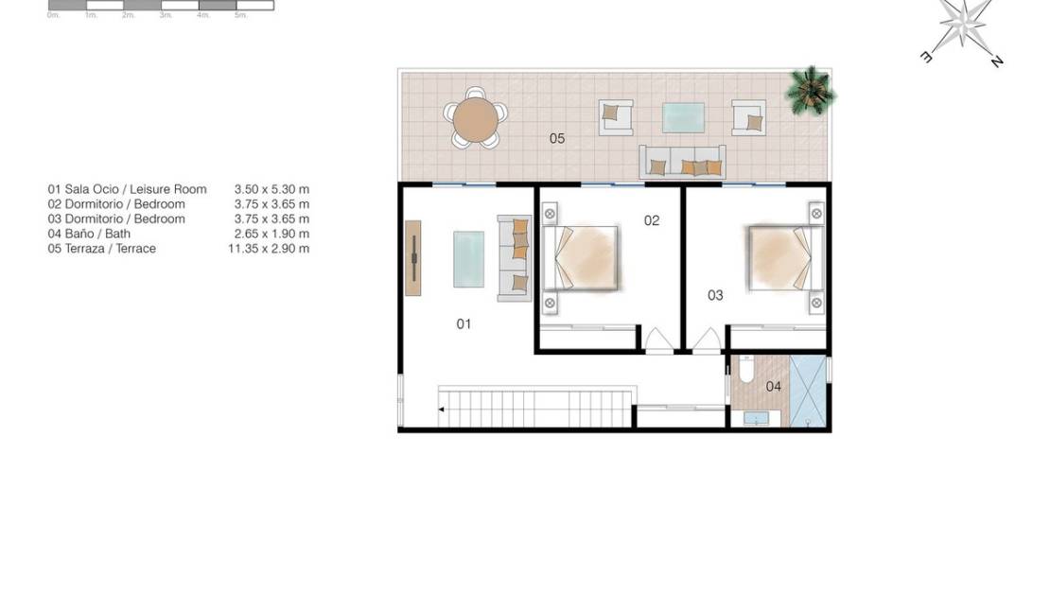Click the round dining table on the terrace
pos(475,119)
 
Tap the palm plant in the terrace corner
pos(811,90)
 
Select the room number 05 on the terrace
pos(557,139)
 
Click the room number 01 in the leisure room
pos(464,323)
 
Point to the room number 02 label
pos(652,220)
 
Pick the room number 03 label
pos(715,295)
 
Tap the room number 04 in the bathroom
pos(773,386)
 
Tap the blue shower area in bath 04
pos(808,391)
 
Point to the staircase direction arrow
pos(442,409)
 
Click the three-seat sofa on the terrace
pos(682,163)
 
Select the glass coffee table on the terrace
pos(683,116)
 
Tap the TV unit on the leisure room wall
pos(413,258)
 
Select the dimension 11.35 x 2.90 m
pos(269,249)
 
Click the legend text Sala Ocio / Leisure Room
pos(127,189)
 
